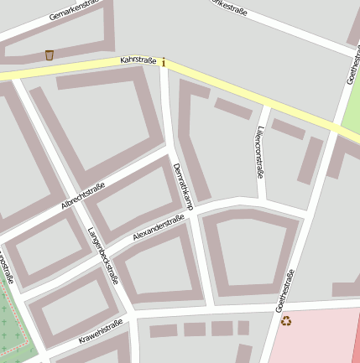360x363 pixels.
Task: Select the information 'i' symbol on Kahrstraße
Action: point(164,63)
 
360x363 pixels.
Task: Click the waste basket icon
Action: point(50,54)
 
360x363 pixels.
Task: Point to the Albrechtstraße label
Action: point(83,197)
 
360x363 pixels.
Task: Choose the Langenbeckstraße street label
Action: point(103,256)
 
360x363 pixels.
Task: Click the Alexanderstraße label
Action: point(159,227)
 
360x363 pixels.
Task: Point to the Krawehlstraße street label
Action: point(101,331)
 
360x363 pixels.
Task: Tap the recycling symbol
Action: point(286,320)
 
